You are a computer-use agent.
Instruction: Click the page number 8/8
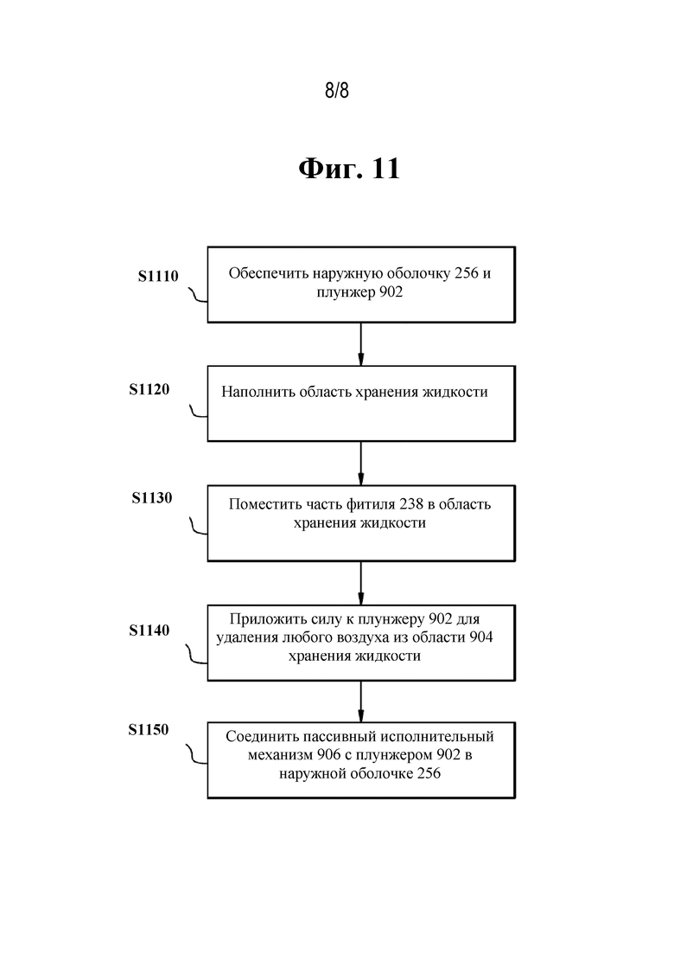[337, 91]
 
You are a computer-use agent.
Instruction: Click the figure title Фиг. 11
[349, 168]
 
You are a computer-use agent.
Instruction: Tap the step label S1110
[158, 276]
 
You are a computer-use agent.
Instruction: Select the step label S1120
[149, 389]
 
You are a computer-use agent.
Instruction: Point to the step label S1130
[152, 497]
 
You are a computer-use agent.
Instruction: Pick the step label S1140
[149, 631]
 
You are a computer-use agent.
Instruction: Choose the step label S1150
[149, 729]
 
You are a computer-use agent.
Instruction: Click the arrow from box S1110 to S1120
[361, 343]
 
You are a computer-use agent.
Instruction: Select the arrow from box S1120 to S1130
[361, 463]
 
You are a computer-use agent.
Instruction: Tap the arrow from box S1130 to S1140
[361, 583]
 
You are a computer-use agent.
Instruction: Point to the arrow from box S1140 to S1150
[361, 701]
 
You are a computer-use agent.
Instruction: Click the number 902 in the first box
[391, 292]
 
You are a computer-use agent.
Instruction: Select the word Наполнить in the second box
[258, 392]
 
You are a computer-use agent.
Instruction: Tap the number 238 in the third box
[410, 504]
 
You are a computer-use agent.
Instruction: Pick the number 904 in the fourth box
[480, 637]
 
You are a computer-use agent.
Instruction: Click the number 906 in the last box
[328, 755]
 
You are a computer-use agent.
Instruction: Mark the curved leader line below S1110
[198, 296]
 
